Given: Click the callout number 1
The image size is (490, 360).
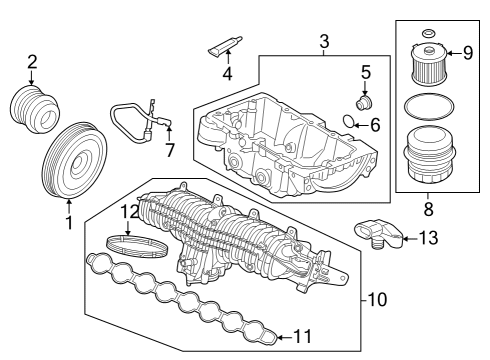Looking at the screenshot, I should (69, 223).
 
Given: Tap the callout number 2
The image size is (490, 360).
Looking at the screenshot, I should (32, 62).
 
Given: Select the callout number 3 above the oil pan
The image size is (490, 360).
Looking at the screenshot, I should (323, 42).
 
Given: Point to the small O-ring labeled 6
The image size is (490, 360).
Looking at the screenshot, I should (346, 124).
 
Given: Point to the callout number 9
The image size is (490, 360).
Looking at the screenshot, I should (466, 52).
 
